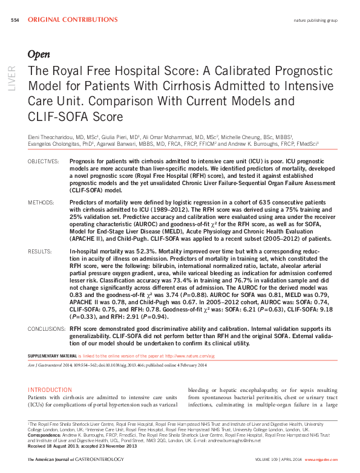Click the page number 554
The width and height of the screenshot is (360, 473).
tap(15, 20)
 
